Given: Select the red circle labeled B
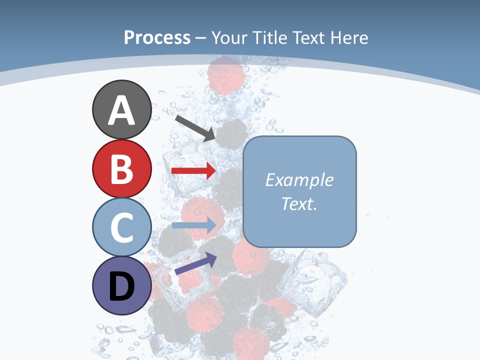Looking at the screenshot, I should [121, 168].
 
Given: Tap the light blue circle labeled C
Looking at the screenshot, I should [121, 227].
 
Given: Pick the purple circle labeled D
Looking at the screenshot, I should [121, 286].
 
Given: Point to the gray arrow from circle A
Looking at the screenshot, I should [195, 127].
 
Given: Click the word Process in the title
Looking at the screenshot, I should [157, 37].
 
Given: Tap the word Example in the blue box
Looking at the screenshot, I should [299, 180].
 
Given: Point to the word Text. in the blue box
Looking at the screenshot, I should [299, 204].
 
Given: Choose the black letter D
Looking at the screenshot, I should [121, 287].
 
